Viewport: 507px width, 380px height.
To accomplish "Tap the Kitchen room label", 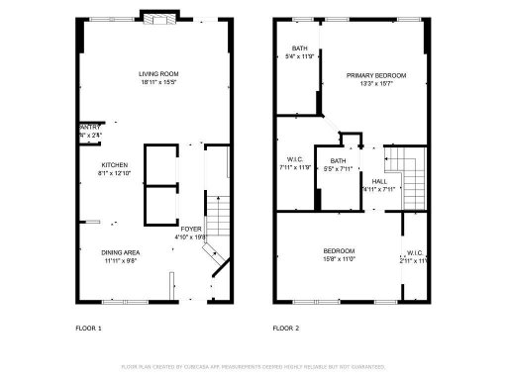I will click(x=115, y=165).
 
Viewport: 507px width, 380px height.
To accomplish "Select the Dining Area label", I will click(x=119, y=252).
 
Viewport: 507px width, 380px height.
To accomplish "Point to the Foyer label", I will click(x=190, y=229).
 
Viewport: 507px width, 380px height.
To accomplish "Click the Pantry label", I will click(x=88, y=127).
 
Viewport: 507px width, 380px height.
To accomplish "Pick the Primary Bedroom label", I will click(x=374, y=75).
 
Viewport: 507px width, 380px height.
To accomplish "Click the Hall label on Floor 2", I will click(x=379, y=181).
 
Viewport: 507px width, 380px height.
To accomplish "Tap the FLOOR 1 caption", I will click(x=89, y=327).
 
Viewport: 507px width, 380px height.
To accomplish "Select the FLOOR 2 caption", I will click(x=287, y=327).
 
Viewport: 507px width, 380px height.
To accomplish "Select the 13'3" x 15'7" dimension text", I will click(x=374, y=84).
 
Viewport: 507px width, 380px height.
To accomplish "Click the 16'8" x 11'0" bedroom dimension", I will click(x=339, y=259).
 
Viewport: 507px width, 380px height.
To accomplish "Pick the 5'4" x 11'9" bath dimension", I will click(x=299, y=56).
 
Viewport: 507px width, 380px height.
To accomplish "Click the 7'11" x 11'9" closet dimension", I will click(x=294, y=167).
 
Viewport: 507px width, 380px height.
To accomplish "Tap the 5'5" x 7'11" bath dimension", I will click(x=338, y=169).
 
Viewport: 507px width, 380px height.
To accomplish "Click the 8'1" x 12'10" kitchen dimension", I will click(x=115, y=174).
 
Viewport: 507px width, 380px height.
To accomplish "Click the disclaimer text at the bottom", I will click(x=253, y=366).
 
